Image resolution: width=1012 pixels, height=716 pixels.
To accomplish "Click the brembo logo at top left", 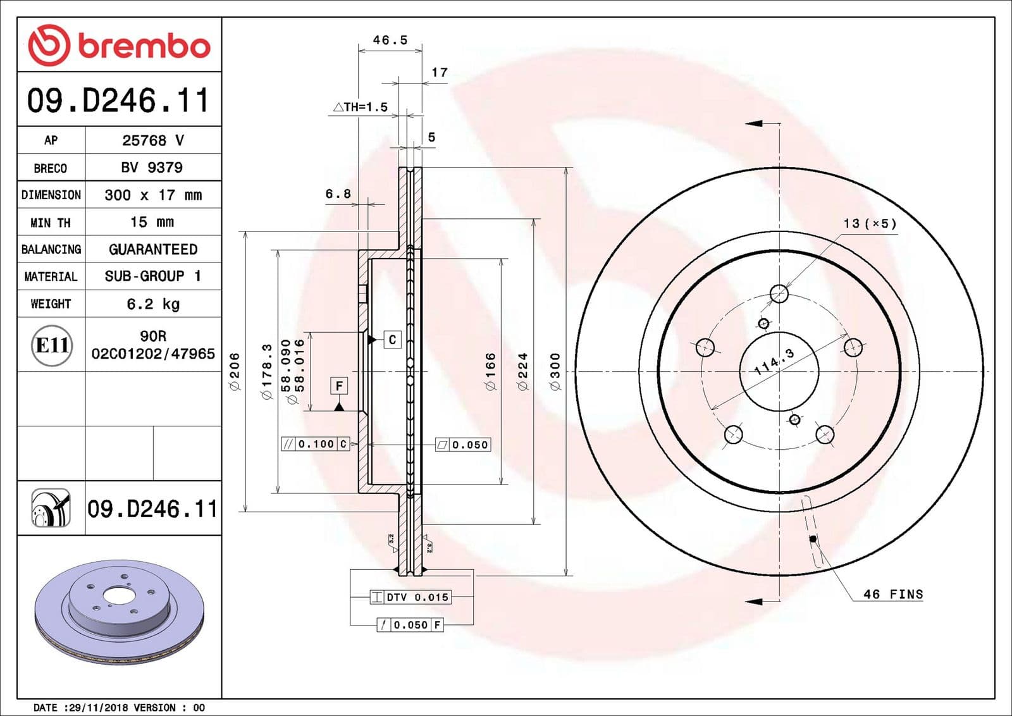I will click(x=119, y=46).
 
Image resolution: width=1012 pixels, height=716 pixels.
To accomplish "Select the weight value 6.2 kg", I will click(x=153, y=304).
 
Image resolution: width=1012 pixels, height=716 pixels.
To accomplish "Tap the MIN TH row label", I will click(x=51, y=223).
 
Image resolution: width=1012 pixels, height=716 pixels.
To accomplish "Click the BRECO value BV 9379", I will click(x=152, y=168).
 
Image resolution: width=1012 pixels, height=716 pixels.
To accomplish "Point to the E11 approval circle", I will click(x=52, y=345).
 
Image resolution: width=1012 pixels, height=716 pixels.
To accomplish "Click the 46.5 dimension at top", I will click(x=390, y=40).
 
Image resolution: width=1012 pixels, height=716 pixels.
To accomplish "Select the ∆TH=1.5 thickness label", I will click(x=361, y=108).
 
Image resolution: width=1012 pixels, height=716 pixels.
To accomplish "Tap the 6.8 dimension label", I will click(x=338, y=194).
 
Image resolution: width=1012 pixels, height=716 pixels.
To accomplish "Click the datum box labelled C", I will click(x=392, y=340).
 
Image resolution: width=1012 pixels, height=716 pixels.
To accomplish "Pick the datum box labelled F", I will click(x=339, y=386).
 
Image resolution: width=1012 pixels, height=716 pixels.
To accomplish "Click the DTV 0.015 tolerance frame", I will click(x=410, y=597).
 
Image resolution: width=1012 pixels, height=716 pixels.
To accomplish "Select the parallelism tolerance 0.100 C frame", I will click(x=315, y=444).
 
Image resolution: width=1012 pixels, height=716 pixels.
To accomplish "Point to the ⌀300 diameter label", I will click(x=555, y=371).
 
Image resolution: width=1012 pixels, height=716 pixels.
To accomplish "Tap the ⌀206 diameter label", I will click(x=235, y=371).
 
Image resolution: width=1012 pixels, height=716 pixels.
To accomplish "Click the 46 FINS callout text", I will click(x=892, y=595).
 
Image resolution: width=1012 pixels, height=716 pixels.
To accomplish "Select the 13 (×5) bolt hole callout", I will click(x=870, y=224).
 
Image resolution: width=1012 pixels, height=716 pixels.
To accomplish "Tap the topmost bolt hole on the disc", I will click(x=779, y=293).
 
